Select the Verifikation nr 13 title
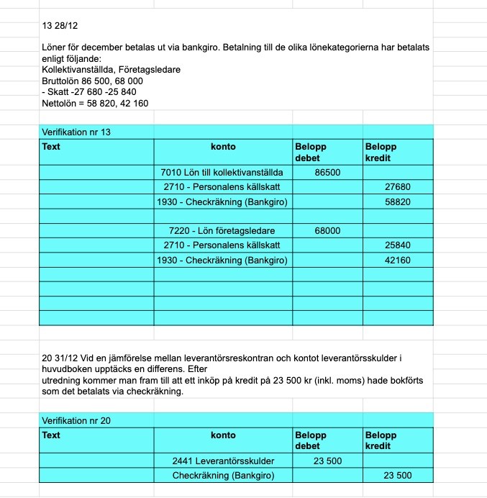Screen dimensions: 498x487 pyautogui.click(x=76, y=132)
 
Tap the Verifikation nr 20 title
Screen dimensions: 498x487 pyautogui.click(x=76, y=421)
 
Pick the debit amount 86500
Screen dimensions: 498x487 pyautogui.click(x=327, y=173)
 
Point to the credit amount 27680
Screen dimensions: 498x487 pyautogui.click(x=398, y=187)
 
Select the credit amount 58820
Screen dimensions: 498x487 pyautogui.click(x=398, y=202)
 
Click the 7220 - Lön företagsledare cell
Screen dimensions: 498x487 pyautogui.click(x=223, y=231)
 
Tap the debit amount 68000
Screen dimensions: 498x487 pyautogui.click(x=327, y=231)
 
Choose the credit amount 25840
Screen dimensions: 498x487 pyautogui.click(x=398, y=245)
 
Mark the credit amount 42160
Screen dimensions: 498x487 pyautogui.click(x=398, y=260)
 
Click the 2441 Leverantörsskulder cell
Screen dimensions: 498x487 pyautogui.click(x=223, y=461)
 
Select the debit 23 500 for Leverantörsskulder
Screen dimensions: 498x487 pyautogui.click(x=327, y=461)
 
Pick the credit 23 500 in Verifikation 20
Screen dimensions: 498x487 pyautogui.click(x=398, y=476)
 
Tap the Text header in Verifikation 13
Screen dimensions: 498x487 pyautogui.click(x=51, y=147)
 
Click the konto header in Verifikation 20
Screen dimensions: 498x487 pyautogui.click(x=223, y=435)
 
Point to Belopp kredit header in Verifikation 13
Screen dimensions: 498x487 pyautogui.click(x=381, y=152)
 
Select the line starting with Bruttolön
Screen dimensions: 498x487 pyautogui.click(x=92, y=81)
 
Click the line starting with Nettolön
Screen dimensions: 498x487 pyautogui.click(x=95, y=103)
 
